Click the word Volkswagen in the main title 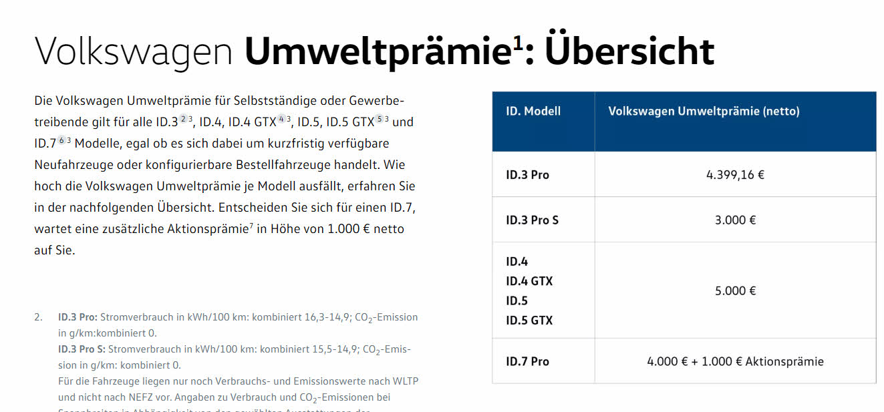point(134,52)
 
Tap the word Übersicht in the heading point(629,51)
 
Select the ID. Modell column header point(533,112)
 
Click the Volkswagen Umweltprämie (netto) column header point(704,112)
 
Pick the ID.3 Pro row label point(527,175)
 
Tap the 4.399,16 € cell point(735,175)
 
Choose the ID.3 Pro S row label point(532,220)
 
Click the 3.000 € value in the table point(735,220)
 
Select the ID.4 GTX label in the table point(529,281)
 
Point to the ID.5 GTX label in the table point(529,321)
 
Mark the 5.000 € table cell point(735,290)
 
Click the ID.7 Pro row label point(527,361)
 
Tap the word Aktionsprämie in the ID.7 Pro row point(784,361)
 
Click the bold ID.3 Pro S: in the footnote point(82,349)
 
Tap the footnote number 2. point(38,317)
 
